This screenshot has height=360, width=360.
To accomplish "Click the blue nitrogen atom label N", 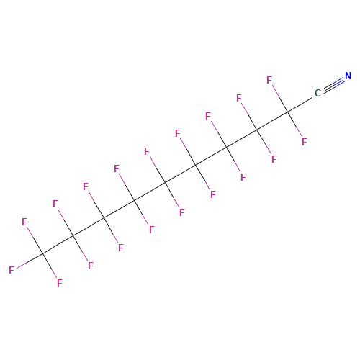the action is click(348, 76).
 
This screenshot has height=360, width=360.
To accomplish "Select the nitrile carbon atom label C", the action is click(318, 93).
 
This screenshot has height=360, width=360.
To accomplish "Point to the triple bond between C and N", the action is click(334, 84).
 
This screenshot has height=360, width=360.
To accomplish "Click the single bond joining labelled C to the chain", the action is click(300, 104).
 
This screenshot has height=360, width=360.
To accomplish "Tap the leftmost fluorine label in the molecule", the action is click(12, 270).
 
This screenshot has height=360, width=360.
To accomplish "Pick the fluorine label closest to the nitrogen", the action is click(269, 80).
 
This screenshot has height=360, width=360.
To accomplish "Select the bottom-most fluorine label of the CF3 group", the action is click(60, 283).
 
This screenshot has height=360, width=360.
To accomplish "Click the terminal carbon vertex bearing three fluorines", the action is click(43, 253).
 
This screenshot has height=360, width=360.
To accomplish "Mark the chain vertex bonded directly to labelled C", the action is click(288, 112).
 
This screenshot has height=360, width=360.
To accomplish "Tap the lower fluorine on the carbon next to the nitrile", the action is click(305, 142).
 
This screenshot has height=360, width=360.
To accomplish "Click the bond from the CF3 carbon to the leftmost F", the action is click(30, 261).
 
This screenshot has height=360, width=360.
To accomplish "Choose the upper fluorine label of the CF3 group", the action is click(24, 222).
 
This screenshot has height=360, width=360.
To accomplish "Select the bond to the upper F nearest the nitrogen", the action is click(280, 98).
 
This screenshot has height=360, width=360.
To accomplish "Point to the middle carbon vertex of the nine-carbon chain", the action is click(166, 183).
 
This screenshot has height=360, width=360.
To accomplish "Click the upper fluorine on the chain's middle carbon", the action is click(147, 151).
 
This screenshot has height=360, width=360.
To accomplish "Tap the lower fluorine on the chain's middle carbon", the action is click(182, 212).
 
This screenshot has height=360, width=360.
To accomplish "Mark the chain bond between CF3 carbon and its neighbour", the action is click(58, 245).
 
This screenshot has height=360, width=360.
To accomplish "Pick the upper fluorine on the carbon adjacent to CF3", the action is click(55, 204).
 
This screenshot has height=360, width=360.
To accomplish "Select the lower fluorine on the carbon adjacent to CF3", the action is click(90, 266).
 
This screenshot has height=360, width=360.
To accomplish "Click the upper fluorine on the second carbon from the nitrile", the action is click(239, 98).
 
